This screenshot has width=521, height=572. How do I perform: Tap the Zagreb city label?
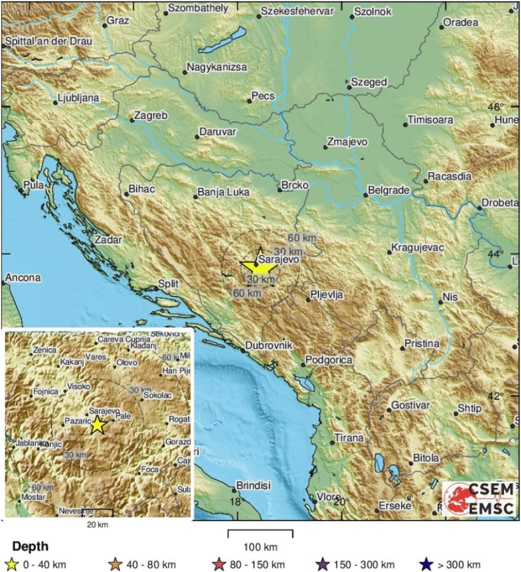click(x=151, y=116)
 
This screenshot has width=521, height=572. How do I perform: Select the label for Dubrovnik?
click(x=270, y=345)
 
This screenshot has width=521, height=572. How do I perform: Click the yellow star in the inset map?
click(x=97, y=425)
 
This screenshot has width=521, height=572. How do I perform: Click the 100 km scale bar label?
click(x=260, y=547)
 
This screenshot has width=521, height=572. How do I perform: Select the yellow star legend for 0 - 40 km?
click(x=11, y=564)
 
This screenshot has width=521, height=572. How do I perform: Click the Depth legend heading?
click(x=30, y=547)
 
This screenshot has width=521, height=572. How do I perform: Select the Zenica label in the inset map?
click(x=45, y=350)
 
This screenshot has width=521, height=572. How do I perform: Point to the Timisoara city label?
click(x=430, y=120)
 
